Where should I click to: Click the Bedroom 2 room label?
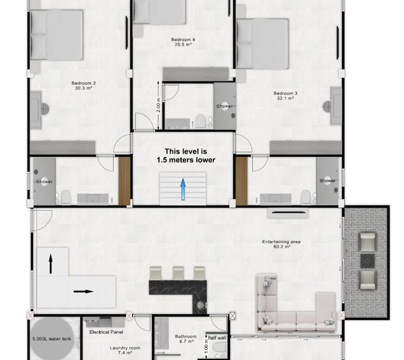[84, 85]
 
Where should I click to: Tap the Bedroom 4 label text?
[183, 42]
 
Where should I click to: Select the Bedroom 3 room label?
[285, 96]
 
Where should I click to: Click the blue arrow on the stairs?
[183, 189]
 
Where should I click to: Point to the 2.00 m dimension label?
[158, 105]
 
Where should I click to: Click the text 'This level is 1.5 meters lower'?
[186, 155]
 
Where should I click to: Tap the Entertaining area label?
[281, 244]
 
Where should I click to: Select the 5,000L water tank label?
[52, 339]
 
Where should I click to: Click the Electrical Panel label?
[106, 332]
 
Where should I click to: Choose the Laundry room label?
[125, 350]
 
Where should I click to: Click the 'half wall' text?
[217, 338]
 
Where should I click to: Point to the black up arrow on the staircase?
[50, 264]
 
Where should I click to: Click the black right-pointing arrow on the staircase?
[84, 292]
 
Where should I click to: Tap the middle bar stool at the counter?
[178, 273]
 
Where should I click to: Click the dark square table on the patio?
[367, 261]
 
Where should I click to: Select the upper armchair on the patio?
[367, 242]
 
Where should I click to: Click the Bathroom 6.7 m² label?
[186, 339]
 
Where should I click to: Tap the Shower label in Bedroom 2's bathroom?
[44, 182]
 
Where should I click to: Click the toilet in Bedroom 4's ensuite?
[200, 122]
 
